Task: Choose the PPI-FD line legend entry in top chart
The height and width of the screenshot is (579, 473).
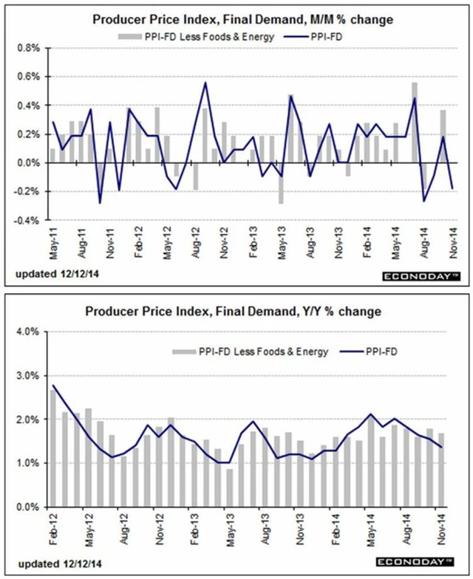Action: click(x=329, y=35)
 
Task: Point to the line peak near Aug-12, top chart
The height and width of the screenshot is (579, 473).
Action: click(x=205, y=83)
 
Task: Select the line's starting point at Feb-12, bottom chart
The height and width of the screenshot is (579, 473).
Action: click(x=52, y=385)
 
